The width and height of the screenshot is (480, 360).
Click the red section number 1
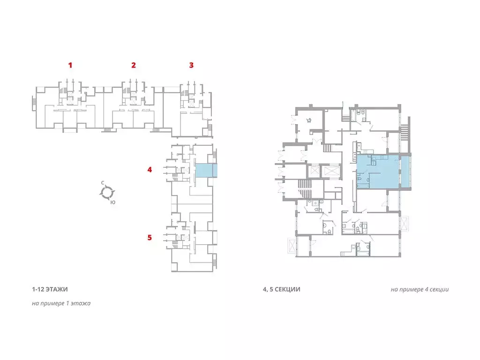point(70,65)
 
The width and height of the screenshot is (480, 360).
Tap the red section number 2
point(134,65)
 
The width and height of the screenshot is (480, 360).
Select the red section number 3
point(191,65)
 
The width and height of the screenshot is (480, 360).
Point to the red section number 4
point(150,169)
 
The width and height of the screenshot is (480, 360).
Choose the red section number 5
point(150,237)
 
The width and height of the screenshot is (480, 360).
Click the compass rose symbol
point(107,193)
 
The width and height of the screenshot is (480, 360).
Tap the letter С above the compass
point(103,183)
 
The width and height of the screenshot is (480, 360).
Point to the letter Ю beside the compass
point(113,202)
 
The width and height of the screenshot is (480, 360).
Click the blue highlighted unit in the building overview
point(206,171)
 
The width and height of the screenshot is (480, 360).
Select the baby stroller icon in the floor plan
point(309,120)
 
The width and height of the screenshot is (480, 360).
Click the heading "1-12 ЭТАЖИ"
point(50,289)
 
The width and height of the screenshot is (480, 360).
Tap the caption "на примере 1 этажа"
point(61,303)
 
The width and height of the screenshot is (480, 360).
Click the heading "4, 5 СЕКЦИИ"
point(282,289)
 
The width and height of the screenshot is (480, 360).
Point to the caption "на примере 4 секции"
point(420,289)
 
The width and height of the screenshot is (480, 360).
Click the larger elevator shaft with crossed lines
point(330,171)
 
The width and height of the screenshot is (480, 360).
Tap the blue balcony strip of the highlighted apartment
point(405,172)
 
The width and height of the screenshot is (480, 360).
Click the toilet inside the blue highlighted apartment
point(359,179)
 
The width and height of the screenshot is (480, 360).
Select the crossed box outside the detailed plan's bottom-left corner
point(292,246)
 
